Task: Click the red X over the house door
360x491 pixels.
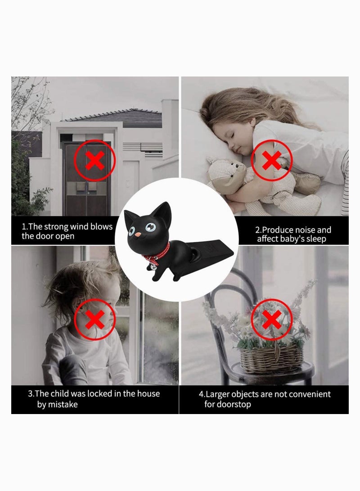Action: tap(94, 161)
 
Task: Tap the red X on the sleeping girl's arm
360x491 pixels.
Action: tap(271, 160)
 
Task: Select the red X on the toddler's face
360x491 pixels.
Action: tap(94, 320)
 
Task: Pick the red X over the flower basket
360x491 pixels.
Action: tap(271, 320)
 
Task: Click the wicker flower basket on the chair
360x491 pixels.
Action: tap(271, 358)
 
